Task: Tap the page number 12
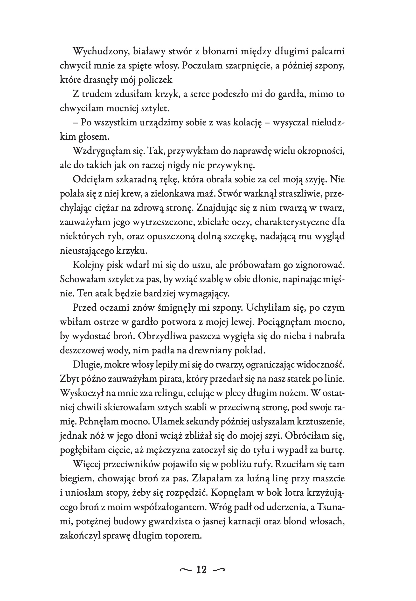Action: tap(202, 570)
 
